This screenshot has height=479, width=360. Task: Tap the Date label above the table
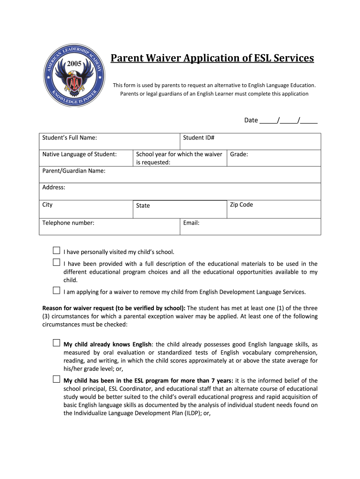(x=251, y=120)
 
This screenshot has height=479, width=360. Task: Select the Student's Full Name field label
(x=70, y=138)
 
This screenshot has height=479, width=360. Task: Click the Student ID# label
(x=199, y=138)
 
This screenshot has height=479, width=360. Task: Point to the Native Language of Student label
(x=79, y=154)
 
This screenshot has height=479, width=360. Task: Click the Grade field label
(x=239, y=154)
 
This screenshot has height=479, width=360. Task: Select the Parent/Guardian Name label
(x=74, y=171)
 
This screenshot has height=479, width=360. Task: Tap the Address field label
(x=54, y=188)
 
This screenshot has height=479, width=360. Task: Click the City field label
(x=48, y=204)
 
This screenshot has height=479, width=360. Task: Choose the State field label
(x=143, y=205)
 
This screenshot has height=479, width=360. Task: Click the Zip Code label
(x=241, y=204)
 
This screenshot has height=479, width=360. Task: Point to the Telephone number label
(x=68, y=223)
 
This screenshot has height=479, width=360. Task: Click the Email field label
(x=191, y=223)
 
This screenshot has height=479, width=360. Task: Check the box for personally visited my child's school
(x=56, y=251)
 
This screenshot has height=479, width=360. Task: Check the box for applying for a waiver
(x=56, y=290)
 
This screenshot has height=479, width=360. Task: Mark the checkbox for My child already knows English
(x=56, y=343)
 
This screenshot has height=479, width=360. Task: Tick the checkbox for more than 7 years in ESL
(x=56, y=379)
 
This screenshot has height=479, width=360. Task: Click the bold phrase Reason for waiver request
(x=114, y=308)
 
